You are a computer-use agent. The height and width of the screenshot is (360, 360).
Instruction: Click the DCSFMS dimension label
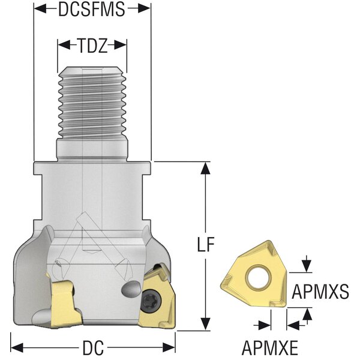pos(91,8)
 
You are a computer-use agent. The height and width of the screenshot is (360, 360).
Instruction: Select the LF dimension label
pos(206,245)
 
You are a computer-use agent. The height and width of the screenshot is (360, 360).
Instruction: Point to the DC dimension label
pos(94,347)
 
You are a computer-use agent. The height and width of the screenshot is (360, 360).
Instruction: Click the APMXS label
pos(320,292)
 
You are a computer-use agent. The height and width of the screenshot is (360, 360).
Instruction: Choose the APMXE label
pos(271,347)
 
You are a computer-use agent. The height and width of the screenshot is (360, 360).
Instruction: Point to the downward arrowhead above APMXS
pos(308,266)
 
